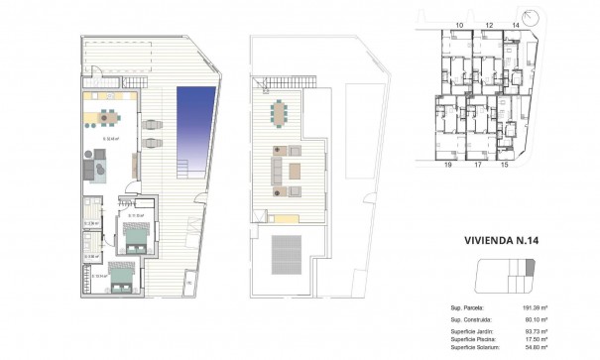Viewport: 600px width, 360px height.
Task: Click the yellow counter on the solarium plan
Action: click(282, 217)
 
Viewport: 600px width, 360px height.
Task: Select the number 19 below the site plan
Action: click(447, 166)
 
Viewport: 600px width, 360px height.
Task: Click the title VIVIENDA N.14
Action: click(501, 239)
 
